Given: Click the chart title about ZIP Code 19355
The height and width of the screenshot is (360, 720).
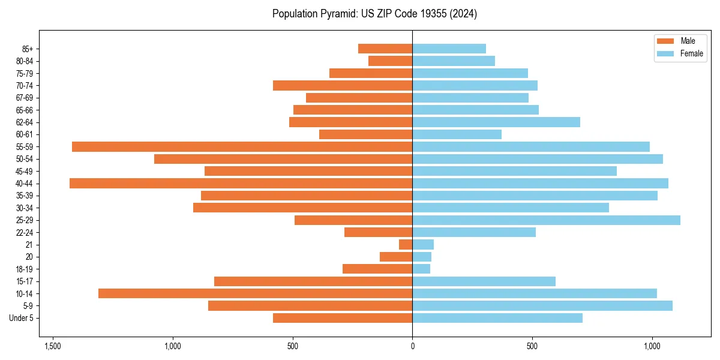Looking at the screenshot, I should (x=374, y=14).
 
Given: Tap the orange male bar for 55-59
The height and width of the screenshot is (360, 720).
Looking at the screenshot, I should (x=242, y=147).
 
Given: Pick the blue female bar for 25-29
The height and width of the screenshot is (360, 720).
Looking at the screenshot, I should (x=546, y=220).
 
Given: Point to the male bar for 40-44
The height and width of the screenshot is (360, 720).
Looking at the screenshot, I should (x=241, y=184).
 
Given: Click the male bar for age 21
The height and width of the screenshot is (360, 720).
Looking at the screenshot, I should (x=406, y=245).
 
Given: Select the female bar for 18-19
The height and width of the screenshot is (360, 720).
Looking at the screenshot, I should (x=421, y=269).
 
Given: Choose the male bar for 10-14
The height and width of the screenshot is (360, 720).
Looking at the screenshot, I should (x=255, y=293).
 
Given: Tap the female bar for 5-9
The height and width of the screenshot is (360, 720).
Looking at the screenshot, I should (x=542, y=305).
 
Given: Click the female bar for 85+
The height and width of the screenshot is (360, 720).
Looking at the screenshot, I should (x=449, y=49).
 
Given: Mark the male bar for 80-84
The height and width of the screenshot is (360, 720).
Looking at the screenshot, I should (x=390, y=61).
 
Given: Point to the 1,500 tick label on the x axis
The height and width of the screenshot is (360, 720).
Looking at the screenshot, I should (x=53, y=347).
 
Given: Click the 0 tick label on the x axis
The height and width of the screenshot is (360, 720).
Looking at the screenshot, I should (x=412, y=347).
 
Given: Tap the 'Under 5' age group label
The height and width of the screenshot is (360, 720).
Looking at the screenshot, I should (x=21, y=318).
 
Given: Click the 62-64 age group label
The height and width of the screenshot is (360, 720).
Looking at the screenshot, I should (x=25, y=122).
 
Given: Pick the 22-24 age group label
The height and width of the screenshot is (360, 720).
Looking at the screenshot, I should (x=25, y=233).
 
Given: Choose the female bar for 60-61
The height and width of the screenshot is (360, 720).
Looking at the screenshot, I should (x=457, y=134).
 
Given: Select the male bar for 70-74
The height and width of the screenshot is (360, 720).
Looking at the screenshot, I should (x=343, y=86).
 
